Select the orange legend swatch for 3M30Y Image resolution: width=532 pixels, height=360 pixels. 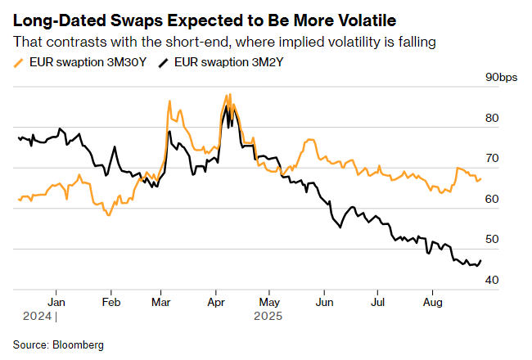click(18, 62)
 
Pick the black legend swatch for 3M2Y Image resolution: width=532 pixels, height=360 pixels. click(163, 62)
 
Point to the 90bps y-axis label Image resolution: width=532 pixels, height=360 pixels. click(500, 78)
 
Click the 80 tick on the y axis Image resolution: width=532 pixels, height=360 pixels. click(492, 118)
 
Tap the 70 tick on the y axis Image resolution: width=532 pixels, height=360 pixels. click(492, 158)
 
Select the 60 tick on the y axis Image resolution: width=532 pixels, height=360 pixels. click(492, 199)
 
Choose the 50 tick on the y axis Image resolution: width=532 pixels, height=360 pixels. click(492, 239)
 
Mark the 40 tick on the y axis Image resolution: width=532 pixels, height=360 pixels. click(492, 280)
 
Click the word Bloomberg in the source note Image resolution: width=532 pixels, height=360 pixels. click(78, 345)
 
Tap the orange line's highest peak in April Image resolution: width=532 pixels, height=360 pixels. click(230, 94)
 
